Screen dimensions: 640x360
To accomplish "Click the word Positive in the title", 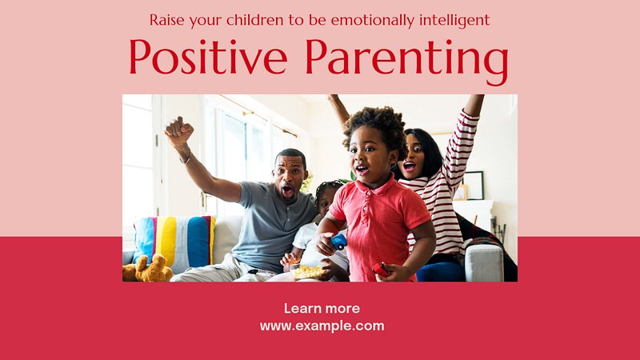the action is [209, 56].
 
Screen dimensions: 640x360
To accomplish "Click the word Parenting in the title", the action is [407, 62].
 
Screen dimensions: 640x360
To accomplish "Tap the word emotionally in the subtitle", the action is [373, 21].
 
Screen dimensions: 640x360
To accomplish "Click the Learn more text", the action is [322, 308].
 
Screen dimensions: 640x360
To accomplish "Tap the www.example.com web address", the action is [322, 326].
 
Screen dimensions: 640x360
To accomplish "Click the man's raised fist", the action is [178, 130].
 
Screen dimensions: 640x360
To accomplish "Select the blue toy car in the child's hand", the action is [338, 242].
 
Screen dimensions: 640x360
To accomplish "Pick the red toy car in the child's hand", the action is [381, 270].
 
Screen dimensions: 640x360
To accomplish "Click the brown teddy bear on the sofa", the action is [147, 269].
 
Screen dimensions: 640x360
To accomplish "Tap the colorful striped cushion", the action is [174, 241].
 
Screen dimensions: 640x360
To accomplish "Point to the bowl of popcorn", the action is [307, 271].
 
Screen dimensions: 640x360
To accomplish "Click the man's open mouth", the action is [288, 190].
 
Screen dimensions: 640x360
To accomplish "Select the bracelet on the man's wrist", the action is [186, 158].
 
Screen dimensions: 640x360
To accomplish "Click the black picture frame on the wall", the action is [473, 186].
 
